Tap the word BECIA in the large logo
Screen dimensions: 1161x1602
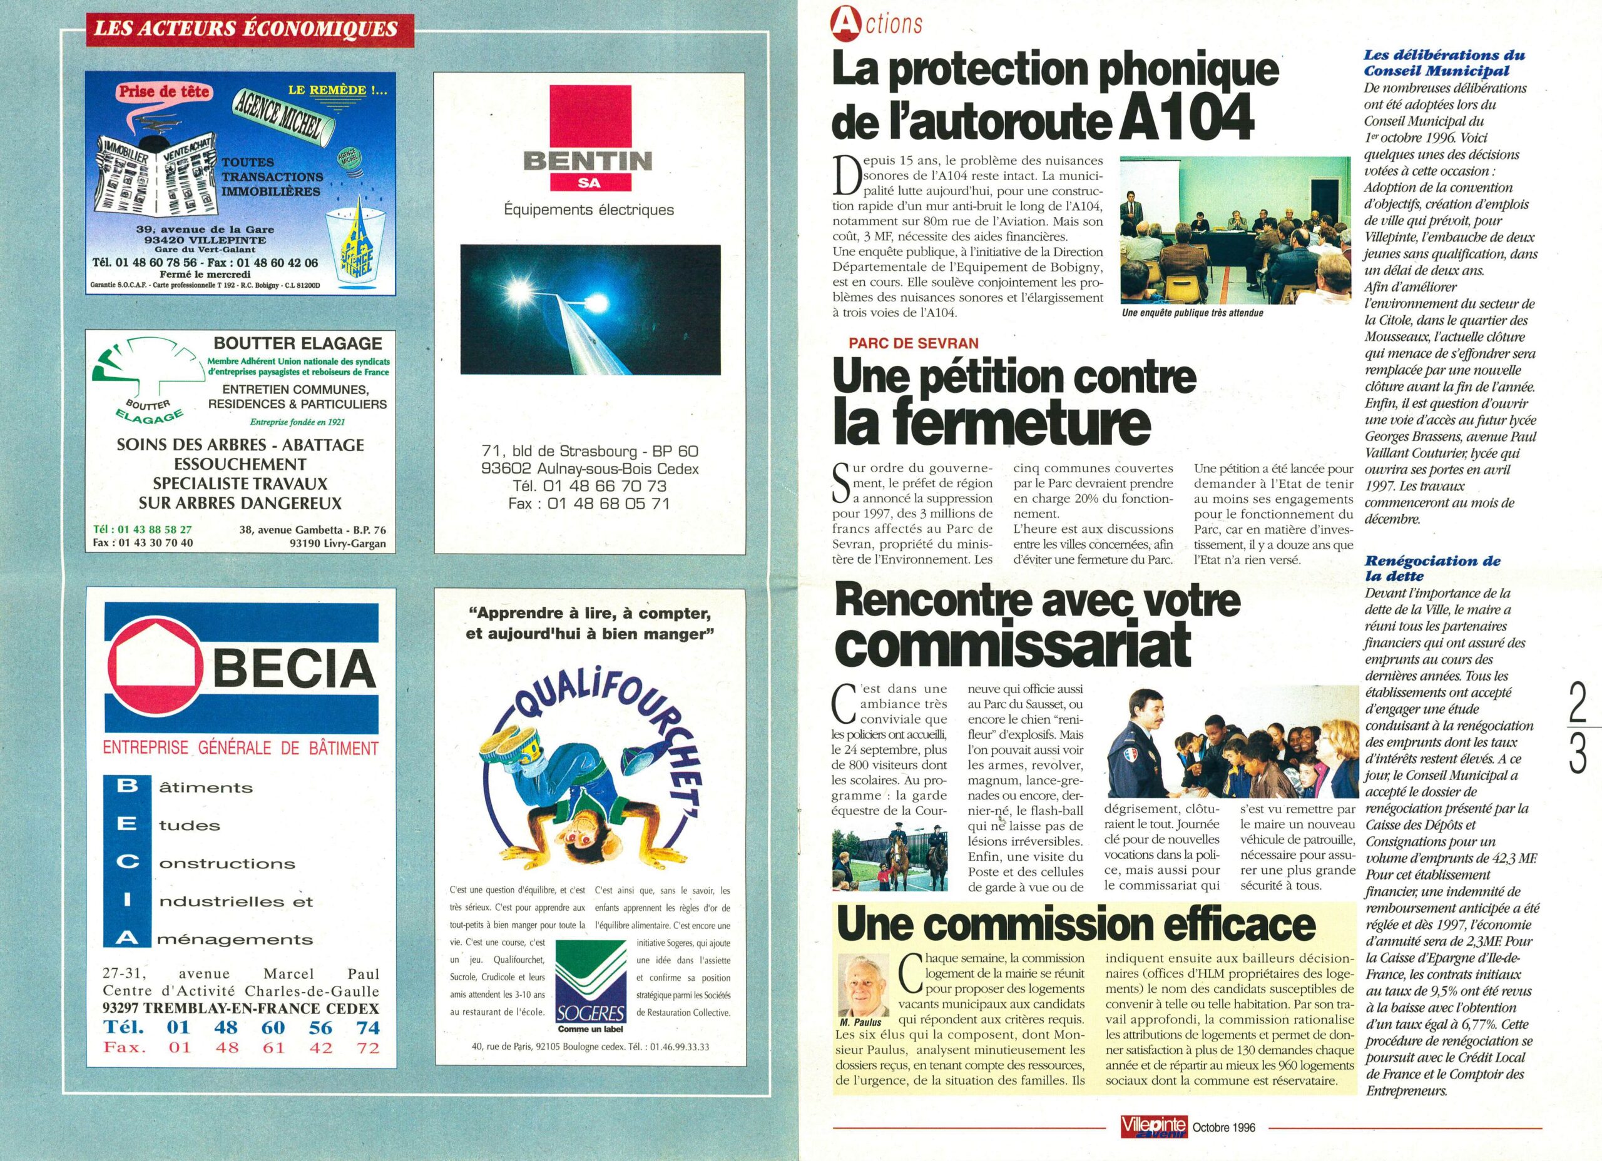(x=294, y=668)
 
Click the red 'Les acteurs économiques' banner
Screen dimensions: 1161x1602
(x=246, y=29)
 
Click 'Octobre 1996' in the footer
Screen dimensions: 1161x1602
(x=1223, y=1128)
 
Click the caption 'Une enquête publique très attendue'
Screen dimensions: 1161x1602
(x=1192, y=313)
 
